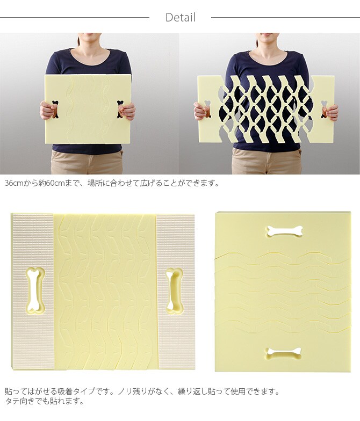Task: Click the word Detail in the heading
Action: click(x=181, y=17)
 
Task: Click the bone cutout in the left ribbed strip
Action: click(x=34, y=291)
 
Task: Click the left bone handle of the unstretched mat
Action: click(x=55, y=109)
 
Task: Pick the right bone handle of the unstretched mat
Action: click(x=120, y=109)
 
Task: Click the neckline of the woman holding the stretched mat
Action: click(x=268, y=57)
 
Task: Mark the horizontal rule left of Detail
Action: click(x=75, y=17)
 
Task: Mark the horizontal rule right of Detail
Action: click(x=286, y=17)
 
